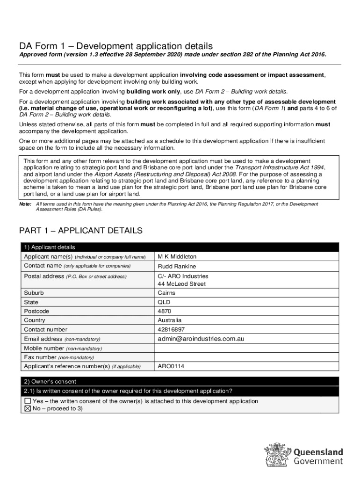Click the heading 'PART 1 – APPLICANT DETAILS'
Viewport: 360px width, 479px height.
pos(80,231)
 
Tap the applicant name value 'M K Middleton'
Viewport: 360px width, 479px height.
pos(177,257)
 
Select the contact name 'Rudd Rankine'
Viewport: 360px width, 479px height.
pos(177,266)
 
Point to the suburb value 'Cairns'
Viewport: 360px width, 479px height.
pos(166,293)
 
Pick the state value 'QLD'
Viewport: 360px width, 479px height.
pos(164,302)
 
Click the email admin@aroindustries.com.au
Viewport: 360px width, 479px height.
pos(201,339)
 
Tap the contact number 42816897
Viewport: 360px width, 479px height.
pos(171,329)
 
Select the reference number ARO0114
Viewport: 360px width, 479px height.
pos(171,366)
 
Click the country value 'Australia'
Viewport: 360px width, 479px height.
pos(169,320)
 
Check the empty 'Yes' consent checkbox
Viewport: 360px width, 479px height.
pos(28,401)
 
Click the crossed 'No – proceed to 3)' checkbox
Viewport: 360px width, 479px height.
pos(28,408)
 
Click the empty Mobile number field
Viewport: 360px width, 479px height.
pos(246,348)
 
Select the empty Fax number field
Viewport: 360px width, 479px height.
pos(246,357)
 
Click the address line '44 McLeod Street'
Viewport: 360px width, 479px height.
pos(181,284)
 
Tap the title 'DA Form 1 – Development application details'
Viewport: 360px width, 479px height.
pos(115,46)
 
